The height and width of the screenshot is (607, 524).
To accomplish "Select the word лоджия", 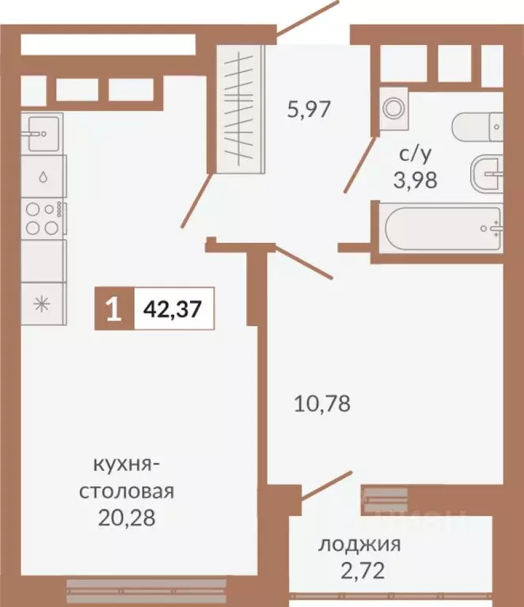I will pyautogui.click(x=360, y=544).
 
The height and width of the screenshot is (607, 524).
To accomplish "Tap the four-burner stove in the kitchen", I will pyautogui.click(x=43, y=218).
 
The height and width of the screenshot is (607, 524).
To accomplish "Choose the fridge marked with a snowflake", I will pyautogui.click(x=43, y=303).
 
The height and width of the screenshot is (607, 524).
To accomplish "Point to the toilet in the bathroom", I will pyautogui.click(x=477, y=126).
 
